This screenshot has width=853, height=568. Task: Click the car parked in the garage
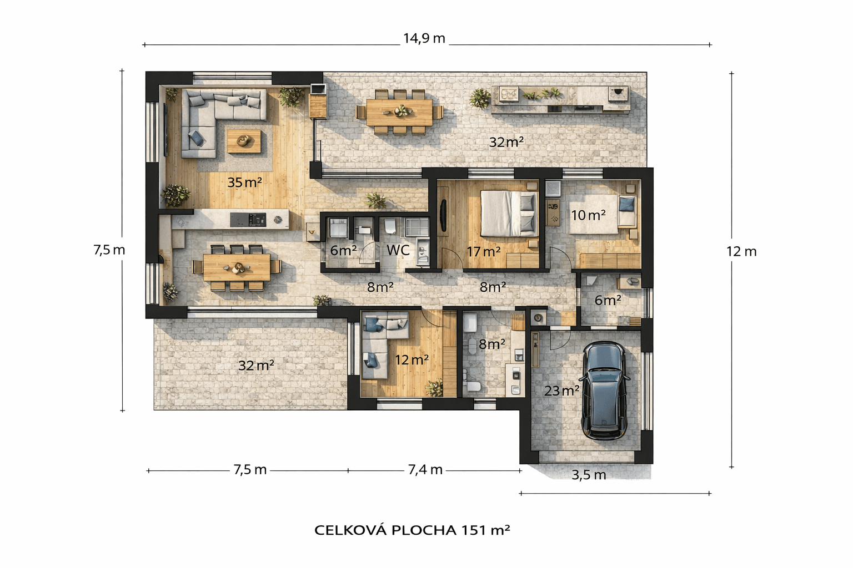[605, 391]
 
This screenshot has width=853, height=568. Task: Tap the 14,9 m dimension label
[424, 38]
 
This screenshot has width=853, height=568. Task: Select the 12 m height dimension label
[741, 251]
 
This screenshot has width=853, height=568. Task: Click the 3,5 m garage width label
[589, 475]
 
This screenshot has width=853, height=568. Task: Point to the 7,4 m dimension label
[425, 470]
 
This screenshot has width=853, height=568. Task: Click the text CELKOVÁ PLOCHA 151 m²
[412, 530]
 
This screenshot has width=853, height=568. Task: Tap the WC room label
[398, 250]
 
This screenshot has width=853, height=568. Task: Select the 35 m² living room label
[244, 182]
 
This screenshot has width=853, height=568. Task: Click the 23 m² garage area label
[561, 390]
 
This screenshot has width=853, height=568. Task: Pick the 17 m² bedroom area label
[483, 252]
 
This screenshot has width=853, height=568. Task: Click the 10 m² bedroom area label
[588, 215]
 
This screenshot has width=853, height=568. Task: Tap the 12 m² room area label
[412, 360]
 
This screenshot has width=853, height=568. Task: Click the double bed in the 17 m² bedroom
[508, 213]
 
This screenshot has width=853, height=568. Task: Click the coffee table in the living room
[244, 140]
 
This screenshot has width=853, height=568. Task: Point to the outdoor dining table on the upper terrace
[399, 111]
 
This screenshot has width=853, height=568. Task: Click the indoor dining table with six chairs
[237, 267]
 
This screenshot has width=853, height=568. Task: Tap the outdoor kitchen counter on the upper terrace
[561, 100]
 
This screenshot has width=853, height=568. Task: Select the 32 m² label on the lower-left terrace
[256, 366]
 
